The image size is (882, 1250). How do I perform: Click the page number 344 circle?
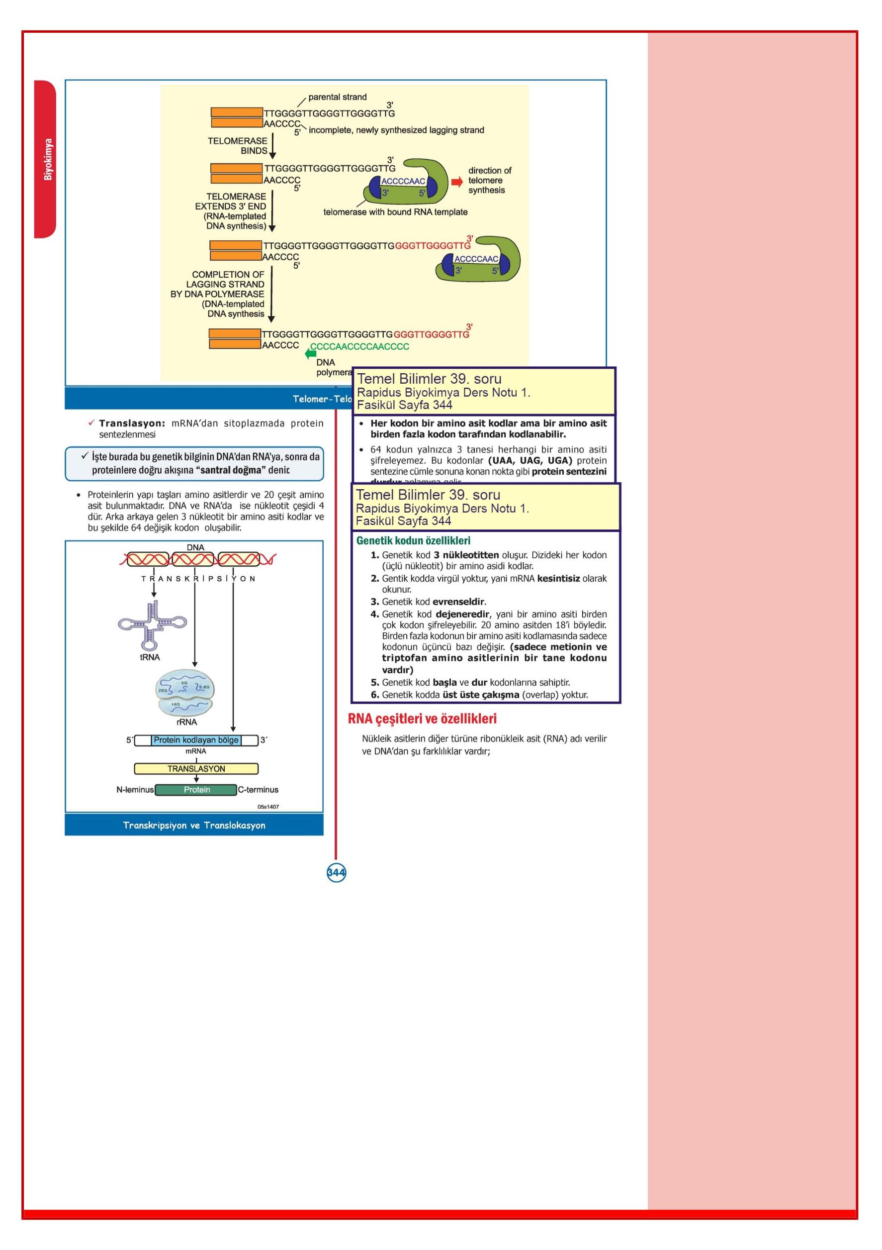[336, 872]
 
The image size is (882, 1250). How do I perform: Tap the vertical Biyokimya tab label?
[48, 159]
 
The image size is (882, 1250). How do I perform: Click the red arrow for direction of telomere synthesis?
[456, 182]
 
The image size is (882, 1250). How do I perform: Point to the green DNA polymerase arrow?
[310, 354]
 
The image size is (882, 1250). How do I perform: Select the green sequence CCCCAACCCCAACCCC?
[359, 346]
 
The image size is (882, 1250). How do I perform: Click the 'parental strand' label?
[338, 97]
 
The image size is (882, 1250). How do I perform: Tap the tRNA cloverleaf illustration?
[152, 625]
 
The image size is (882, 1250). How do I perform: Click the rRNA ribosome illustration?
[184, 693]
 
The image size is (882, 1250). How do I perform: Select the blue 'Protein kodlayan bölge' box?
[196, 740]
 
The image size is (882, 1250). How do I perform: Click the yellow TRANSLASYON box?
[196, 769]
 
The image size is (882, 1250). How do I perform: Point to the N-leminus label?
[135, 789]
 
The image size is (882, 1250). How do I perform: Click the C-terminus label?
[258, 789]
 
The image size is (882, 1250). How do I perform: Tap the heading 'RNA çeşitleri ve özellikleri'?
[422, 719]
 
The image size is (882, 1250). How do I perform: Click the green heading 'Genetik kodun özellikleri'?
[413, 540]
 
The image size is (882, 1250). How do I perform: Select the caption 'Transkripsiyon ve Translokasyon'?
[194, 826]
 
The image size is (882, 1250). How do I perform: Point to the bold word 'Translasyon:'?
[132, 423]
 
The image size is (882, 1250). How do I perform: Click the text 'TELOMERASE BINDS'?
[238, 145]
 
